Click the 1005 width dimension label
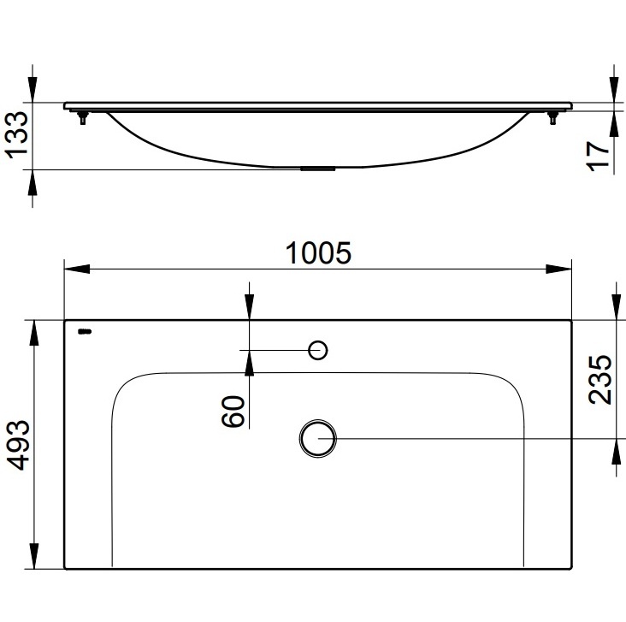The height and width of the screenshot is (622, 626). [x=319, y=253]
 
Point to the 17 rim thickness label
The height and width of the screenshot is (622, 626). [x=599, y=157]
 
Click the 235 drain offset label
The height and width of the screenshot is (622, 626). [x=600, y=380]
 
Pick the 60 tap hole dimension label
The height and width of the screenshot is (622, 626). [x=233, y=411]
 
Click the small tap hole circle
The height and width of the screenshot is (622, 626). [x=318, y=350]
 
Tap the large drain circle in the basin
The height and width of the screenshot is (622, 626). [x=318, y=438]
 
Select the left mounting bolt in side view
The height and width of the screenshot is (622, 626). [x=83, y=118]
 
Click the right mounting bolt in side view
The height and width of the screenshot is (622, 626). [x=553, y=118]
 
